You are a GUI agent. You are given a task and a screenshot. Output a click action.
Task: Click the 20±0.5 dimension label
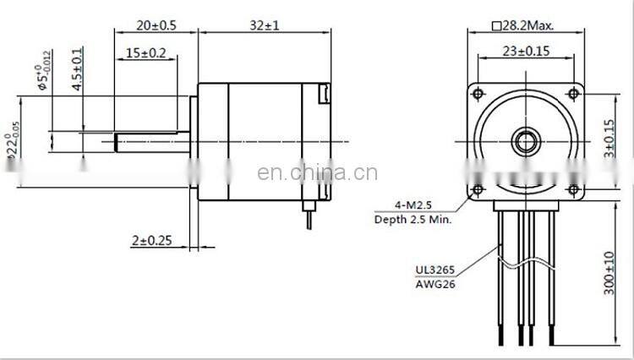click(156, 25)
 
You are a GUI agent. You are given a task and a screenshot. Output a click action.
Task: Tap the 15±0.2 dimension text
click(145, 52)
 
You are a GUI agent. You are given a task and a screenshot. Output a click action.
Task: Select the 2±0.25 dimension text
click(152, 241)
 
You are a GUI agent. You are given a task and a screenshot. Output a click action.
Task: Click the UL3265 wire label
click(435, 270)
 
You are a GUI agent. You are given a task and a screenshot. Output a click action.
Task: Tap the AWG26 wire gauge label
click(435, 285)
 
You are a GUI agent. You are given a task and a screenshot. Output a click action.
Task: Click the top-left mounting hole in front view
click(479, 91)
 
